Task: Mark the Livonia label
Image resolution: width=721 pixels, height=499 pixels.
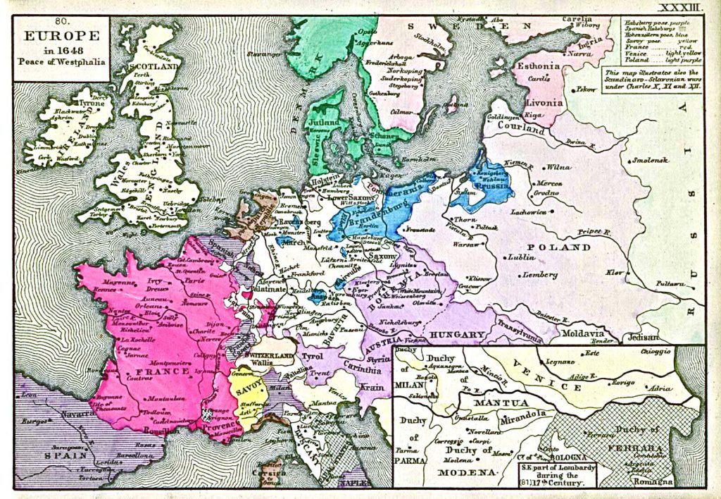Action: (544, 102)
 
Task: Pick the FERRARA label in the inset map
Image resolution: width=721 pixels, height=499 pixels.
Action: (640, 448)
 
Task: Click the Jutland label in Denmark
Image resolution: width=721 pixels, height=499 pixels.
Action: (324, 121)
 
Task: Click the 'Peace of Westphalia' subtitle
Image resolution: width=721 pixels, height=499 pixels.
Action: (62, 61)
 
